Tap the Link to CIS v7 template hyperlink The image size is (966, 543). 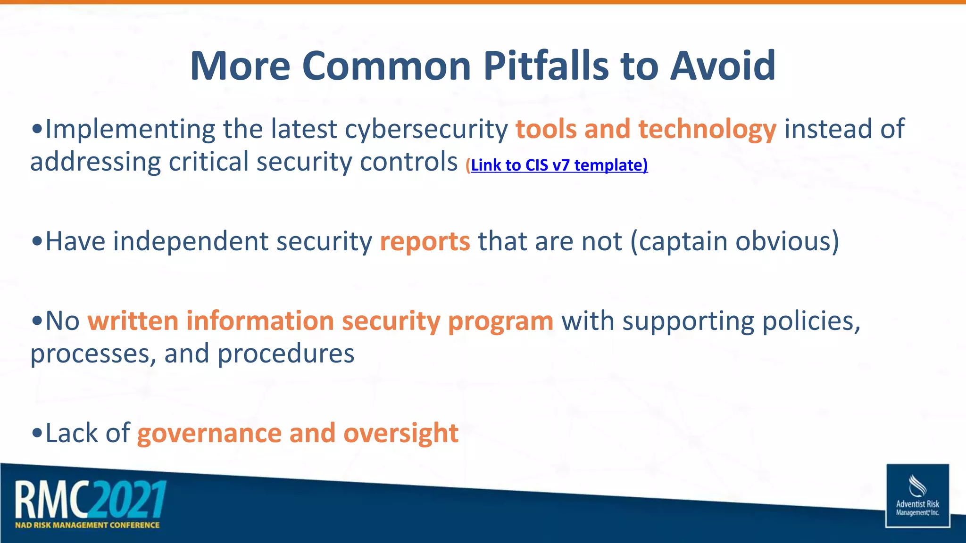pos(558,165)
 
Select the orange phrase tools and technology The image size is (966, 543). pos(646,129)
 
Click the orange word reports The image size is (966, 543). pos(425,241)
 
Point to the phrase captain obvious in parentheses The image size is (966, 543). pos(735,241)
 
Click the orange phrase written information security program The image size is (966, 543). pos(320,321)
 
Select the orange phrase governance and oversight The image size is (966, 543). pos(298,433)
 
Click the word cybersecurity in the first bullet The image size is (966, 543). pos(426,130)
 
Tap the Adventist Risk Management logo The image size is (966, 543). pos(917,496)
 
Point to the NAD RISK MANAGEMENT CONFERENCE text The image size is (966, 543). pos(87,525)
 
